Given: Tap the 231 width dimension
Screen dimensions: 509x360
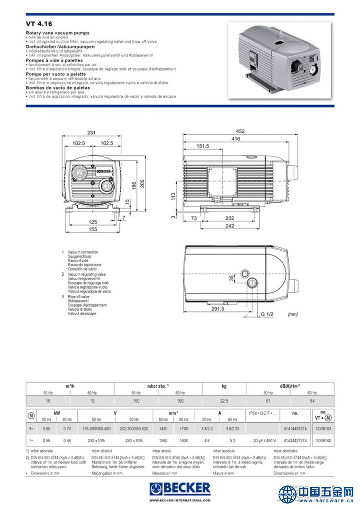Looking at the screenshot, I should [91, 133].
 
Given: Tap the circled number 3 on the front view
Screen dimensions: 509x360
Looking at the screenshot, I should [107, 187].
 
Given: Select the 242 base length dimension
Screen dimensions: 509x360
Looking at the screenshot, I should [229, 226].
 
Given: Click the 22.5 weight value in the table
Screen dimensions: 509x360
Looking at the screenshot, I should [224, 400].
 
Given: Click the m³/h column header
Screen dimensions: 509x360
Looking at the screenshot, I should [70, 386].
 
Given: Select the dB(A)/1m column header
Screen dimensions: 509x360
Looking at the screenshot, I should [290, 386].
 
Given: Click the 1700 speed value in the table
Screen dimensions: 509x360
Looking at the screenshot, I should [184, 427].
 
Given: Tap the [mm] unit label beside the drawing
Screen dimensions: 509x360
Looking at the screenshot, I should [293, 314].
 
